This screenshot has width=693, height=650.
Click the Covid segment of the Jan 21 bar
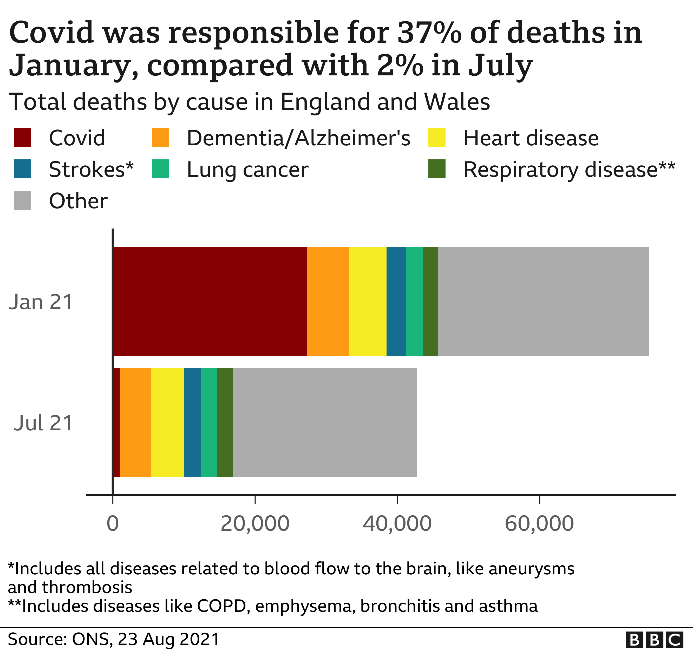(x=210, y=301)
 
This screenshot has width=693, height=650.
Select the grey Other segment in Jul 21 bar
(x=325, y=422)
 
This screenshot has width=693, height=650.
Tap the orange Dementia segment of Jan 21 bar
(x=328, y=301)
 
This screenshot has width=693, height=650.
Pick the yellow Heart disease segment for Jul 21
(x=167, y=422)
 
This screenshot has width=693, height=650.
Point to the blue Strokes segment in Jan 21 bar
(x=396, y=301)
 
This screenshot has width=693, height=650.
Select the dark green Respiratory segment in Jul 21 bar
(x=225, y=422)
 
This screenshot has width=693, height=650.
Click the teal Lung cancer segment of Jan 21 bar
(x=414, y=301)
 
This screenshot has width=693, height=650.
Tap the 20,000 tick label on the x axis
(x=255, y=524)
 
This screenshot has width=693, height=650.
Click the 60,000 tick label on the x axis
(x=539, y=524)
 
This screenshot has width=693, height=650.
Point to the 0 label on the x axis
(x=113, y=524)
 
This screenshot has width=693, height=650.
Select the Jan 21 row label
(x=41, y=302)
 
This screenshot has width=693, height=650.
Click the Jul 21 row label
(x=43, y=423)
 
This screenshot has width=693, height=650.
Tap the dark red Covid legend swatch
(x=23, y=137)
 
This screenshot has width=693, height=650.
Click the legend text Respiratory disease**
(x=569, y=170)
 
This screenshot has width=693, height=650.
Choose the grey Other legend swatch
(x=23, y=200)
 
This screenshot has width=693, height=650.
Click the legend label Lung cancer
(x=247, y=170)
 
